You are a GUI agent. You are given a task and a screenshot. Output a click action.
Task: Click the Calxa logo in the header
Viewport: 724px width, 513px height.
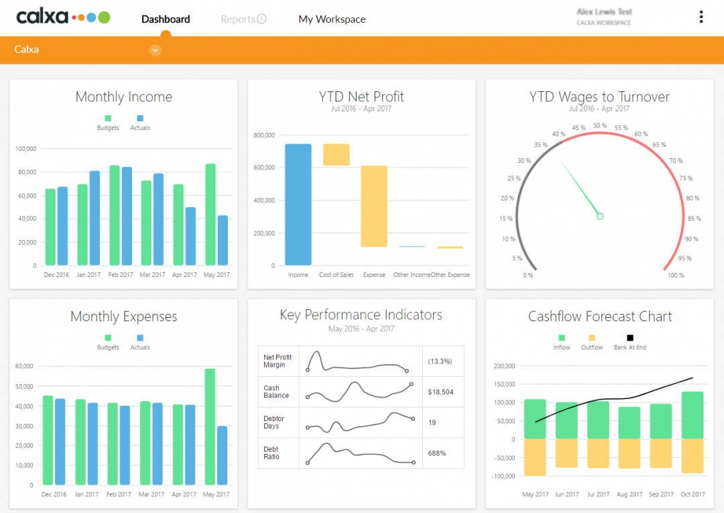tap(63, 17)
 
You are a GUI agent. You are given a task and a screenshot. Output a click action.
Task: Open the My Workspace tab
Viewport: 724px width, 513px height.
tap(332, 19)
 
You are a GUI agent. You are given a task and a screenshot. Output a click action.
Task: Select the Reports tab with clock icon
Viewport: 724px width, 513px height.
tap(243, 19)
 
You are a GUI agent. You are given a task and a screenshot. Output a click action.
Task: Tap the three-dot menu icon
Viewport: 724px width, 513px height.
tap(701, 17)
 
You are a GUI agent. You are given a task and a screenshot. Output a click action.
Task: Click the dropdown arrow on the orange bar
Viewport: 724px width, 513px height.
tap(155, 50)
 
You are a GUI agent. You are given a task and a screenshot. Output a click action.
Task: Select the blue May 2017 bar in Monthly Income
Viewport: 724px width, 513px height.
tap(223, 240)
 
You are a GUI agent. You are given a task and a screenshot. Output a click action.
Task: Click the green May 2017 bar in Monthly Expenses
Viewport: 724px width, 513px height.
tap(210, 426)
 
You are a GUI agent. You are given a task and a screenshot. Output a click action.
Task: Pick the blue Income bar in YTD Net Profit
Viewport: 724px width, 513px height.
tap(298, 205)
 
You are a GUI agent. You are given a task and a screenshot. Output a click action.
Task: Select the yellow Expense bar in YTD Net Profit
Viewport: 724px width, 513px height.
tap(374, 206)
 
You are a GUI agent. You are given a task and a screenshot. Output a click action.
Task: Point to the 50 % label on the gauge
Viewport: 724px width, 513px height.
tap(600, 125)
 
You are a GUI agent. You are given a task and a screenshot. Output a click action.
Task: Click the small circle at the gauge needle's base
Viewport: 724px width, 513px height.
tap(600, 216)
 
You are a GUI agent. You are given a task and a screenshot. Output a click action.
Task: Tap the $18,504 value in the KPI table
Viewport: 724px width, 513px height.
tap(440, 392)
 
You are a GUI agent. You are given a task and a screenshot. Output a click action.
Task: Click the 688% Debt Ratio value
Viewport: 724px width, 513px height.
tap(437, 453)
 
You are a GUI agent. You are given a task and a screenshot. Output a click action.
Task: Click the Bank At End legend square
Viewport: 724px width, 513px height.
tap(630, 338)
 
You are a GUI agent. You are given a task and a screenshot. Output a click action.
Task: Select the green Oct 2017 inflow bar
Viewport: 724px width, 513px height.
tap(692, 415)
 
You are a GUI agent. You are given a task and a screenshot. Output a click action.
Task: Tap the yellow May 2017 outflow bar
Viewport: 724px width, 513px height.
tap(535, 457)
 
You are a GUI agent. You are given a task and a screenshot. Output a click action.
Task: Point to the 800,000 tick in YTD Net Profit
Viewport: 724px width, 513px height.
tap(264, 135)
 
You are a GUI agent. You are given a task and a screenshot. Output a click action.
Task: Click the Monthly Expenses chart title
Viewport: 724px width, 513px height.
tap(124, 317)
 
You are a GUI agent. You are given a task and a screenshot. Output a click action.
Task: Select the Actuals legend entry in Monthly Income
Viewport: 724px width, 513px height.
tap(140, 122)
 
